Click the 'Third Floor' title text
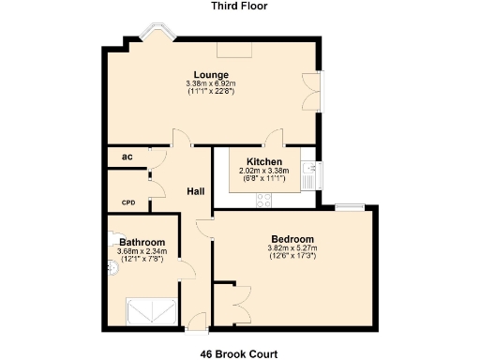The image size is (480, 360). point(239,6)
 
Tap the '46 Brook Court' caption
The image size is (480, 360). point(238,354)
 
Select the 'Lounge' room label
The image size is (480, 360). point(211,75)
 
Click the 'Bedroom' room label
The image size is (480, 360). point(292,238)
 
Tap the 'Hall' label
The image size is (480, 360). point(196,191)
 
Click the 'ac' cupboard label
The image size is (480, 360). point(127,157)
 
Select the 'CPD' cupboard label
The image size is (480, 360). point(127,202)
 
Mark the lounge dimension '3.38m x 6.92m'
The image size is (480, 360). point(211,83)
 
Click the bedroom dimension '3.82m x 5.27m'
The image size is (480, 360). point(292,247)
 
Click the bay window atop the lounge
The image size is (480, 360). point(153,36)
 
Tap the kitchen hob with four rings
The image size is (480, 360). point(265,200)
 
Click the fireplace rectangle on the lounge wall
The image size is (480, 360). point(232,49)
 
